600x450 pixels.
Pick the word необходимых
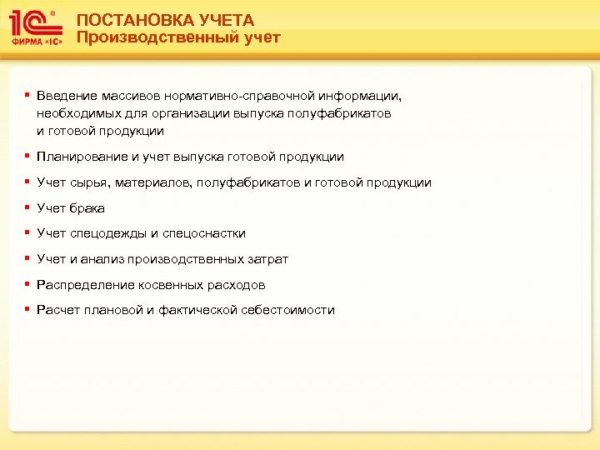(x=75, y=113)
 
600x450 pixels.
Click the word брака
(x=87, y=208)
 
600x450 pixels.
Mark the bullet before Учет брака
(x=27, y=207)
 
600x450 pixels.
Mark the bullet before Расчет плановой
(x=27, y=309)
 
